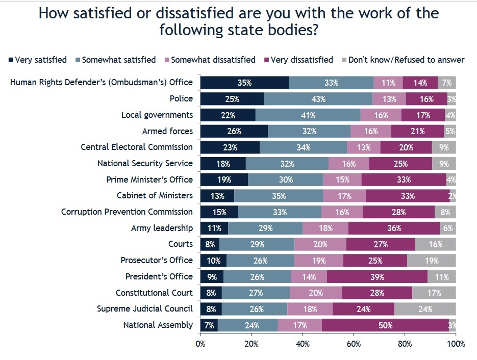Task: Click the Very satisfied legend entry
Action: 38,60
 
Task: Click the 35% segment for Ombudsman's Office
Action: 244,82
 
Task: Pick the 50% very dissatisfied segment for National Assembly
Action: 385,324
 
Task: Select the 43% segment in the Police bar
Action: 318,98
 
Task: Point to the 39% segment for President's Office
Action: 377,276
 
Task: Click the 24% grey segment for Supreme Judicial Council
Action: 425,308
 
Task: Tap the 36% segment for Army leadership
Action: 394,227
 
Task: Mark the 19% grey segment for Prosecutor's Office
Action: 431,260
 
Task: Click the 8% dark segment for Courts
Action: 210,244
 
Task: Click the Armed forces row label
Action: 167,131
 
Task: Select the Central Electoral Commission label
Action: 137,147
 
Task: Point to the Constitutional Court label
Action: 154,292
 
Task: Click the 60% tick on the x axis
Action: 354,344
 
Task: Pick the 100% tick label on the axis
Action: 456,344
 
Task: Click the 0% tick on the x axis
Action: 200,344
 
